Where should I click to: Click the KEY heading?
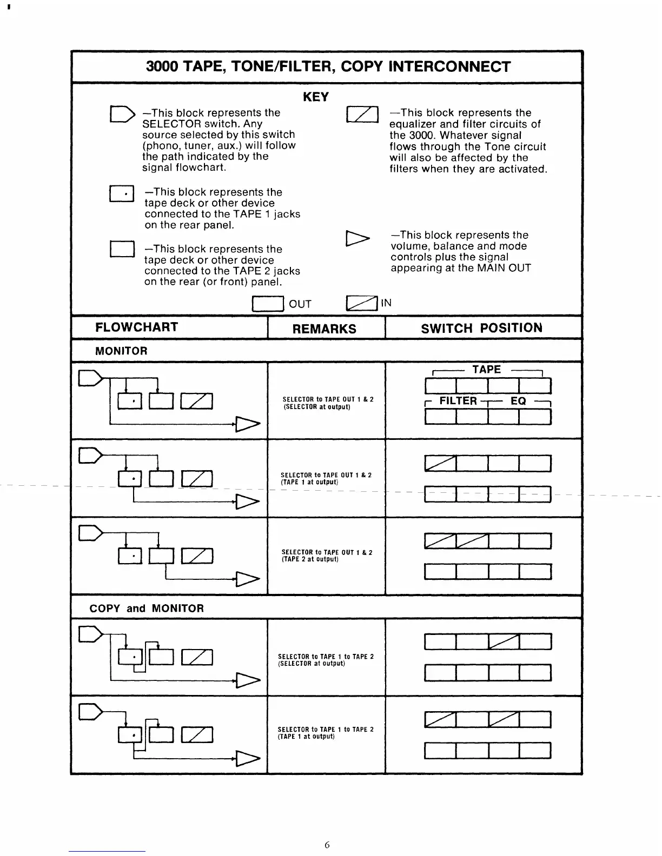pos(316,97)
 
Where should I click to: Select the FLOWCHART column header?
pos(136,327)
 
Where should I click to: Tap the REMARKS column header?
pos(325,329)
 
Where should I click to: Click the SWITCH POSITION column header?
pos(481,328)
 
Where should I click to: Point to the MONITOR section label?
pos(121,351)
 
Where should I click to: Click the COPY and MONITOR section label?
pos(147,608)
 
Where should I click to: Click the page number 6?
pos(327,845)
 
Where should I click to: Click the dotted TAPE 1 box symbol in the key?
pos(121,193)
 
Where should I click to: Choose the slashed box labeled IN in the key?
pos(362,304)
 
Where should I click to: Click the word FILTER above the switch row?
pos(458,400)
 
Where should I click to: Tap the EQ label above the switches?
pos(518,400)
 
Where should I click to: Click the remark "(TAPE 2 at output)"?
pos(310,559)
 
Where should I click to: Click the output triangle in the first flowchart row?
pos(247,425)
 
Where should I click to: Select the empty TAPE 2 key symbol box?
pos(121,249)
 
